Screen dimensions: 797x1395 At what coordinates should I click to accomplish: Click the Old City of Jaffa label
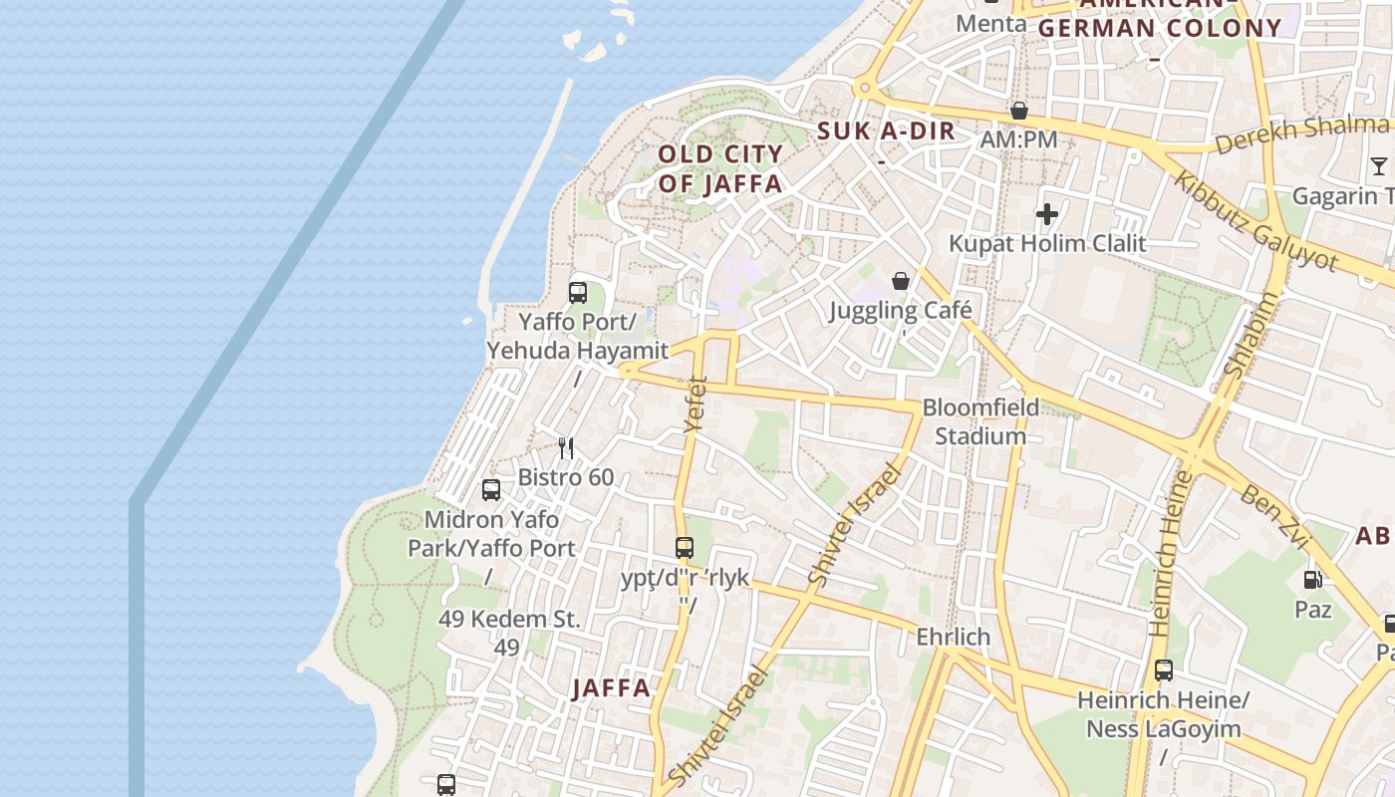(720, 169)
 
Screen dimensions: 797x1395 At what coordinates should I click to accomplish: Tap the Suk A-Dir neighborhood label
(886, 131)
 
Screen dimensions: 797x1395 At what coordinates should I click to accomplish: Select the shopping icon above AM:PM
(1018, 111)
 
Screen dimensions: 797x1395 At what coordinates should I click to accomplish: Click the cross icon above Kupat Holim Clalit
(1046, 214)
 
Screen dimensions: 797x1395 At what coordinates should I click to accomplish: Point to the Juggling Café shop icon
(901, 281)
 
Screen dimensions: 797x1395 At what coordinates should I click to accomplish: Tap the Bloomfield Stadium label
(980, 421)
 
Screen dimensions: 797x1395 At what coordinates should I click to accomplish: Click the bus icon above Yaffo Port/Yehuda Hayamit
(578, 293)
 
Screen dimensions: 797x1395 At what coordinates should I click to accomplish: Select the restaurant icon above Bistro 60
(566, 448)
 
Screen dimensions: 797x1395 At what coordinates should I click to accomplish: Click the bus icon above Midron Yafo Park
(491, 490)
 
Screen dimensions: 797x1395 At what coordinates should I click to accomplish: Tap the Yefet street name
(696, 403)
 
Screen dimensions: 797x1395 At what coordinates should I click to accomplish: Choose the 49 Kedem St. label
(508, 619)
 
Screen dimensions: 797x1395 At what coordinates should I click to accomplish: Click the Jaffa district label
(612, 688)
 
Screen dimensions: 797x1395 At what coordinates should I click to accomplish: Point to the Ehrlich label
(953, 637)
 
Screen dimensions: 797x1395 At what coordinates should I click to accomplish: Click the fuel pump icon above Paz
(1312, 579)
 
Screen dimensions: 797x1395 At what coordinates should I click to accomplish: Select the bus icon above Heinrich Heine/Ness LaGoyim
(1163, 670)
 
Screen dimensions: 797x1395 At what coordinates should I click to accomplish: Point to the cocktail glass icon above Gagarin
(1378, 166)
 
